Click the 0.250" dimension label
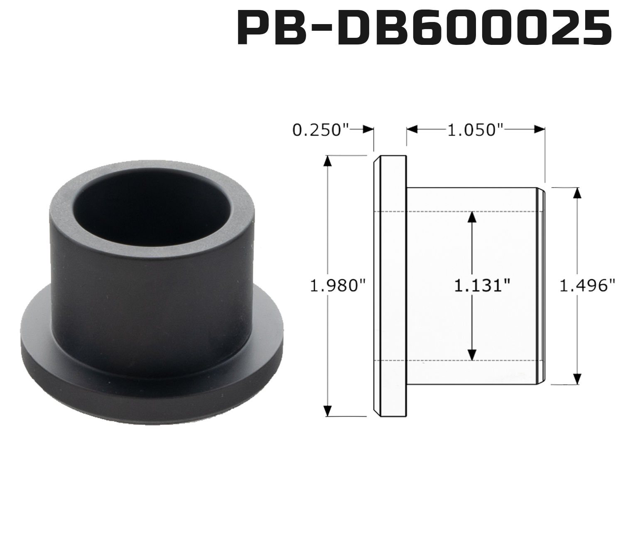click(x=319, y=130)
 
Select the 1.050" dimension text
click(x=475, y=130)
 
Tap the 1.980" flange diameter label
click(x=339, y=286)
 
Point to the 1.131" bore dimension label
click(x=482, y=286)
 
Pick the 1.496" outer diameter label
click(x=587, y=286)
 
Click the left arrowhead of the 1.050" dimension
click(x=412, y=130)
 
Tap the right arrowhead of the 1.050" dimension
click(x=540, y=130)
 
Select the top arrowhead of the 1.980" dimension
click(x=328, y=161)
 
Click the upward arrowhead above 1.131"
click(x=471, y=217)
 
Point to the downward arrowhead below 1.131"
click(x=471, y=354)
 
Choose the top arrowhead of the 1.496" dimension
click(x=577, y=193)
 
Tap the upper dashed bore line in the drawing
click(x=457, y=212)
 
